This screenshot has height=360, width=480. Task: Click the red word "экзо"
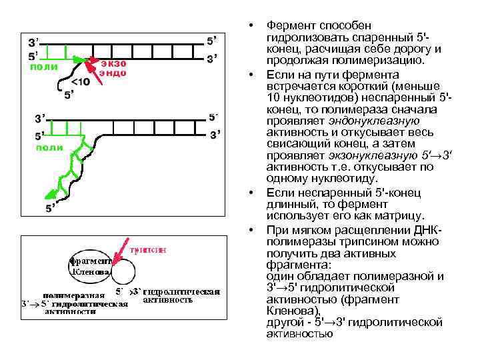click(113, 61)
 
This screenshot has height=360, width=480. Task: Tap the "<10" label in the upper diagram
click(80, 82)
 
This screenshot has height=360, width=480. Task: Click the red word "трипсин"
click(148, 250)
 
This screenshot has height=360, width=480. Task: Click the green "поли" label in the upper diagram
click(44, 67)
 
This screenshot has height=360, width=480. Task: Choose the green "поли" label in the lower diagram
click(49, 147)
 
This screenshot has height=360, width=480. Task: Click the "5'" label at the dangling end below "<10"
click(69, 95)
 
